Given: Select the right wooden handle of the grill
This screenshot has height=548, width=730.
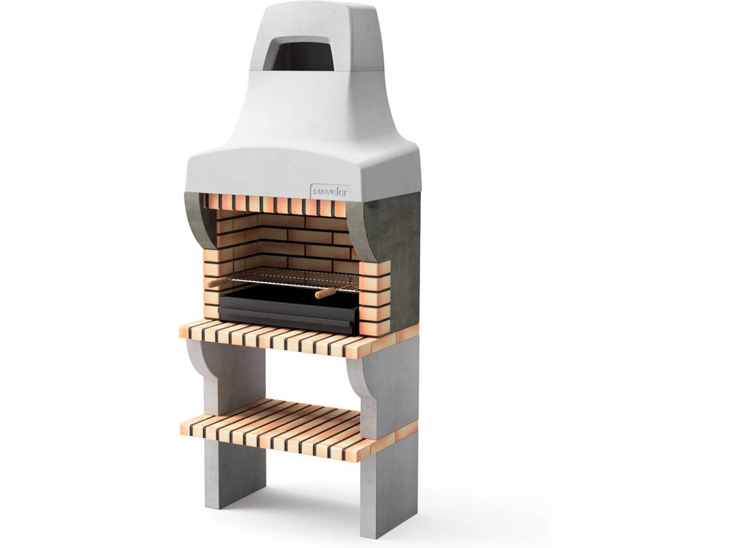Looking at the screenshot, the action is coord(326,293).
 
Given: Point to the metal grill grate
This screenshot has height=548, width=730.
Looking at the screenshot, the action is coord(293,279).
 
